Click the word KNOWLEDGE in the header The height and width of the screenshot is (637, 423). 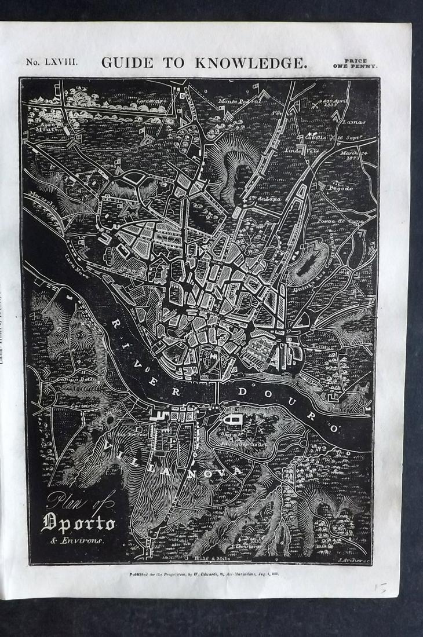tap(251, 63)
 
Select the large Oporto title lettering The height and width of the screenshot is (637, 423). tap(78, 523)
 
